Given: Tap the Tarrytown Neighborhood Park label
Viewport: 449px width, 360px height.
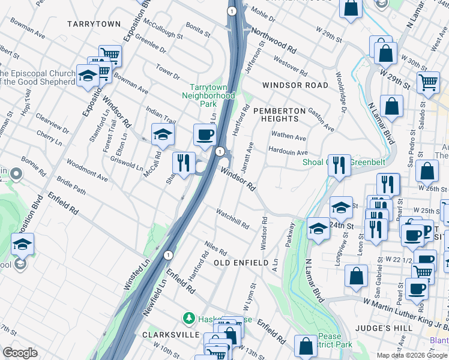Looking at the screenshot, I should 208,95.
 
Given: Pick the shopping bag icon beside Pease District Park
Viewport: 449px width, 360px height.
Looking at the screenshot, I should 306,346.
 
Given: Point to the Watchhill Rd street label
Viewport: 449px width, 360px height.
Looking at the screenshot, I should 232,218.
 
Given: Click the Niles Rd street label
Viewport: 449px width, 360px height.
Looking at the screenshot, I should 215,247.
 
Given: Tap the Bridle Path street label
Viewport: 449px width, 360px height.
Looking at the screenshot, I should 71,188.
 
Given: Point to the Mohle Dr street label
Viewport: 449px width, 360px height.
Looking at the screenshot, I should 264,13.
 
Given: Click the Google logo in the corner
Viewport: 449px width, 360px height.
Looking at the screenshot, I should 20,352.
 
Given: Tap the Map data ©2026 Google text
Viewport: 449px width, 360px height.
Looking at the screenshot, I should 411,355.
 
